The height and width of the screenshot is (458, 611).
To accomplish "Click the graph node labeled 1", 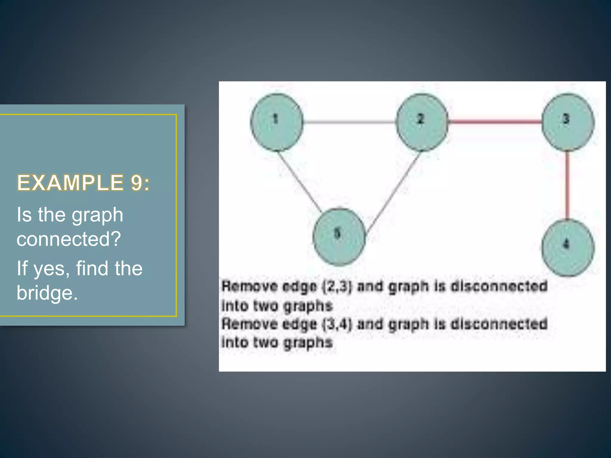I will [x=277, y=122].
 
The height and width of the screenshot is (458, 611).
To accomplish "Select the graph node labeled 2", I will [x=422, y=122].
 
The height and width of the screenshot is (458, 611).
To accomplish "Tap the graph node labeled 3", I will [x=568, y=122].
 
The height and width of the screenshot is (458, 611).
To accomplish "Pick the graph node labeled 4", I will [x=568, y=247].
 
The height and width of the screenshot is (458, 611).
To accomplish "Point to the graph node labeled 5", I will [x=339, y=237].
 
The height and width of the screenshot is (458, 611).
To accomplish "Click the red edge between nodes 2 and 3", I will [x=495, y=121].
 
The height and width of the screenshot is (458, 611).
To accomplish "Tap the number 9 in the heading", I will [x=136, y=183].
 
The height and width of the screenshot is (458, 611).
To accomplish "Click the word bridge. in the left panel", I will [x=47, y=293].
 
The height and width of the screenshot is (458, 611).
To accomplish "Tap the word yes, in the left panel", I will [x=52, y=269].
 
